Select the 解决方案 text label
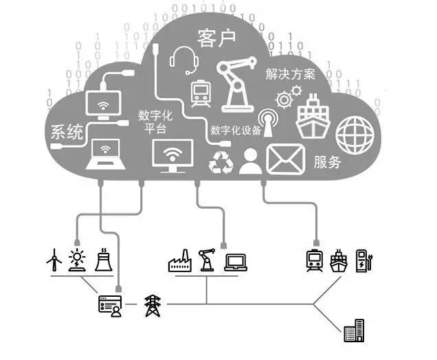(291, 74)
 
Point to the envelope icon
(285, 159)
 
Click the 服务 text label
(328, 163)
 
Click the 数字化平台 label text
(155, 123)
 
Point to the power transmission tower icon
(150, 304)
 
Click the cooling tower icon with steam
(101, 260)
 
